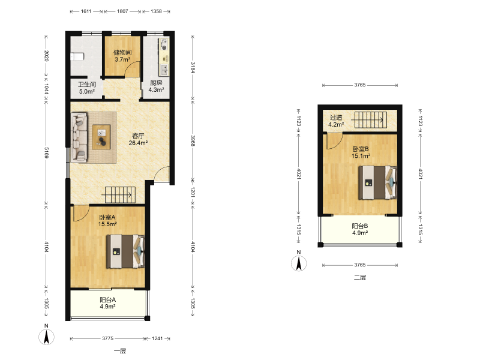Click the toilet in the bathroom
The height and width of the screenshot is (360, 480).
pos(77,57)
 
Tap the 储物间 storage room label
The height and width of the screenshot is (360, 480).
pos(122,52)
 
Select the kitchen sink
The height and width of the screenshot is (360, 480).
pos(164,70)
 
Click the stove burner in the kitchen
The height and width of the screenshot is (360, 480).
pos(164,44)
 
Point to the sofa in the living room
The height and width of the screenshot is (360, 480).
pos(79,137)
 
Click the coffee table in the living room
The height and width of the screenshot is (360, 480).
pos(101,137)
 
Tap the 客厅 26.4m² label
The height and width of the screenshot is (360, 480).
pos(138,139)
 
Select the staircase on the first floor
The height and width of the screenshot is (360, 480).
pos(121,194)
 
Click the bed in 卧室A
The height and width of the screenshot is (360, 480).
pos(125,251)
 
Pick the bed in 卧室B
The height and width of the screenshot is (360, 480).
pos(378,182)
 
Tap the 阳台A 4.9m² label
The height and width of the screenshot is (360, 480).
pos(107,303)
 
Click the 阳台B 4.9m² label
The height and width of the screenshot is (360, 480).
pos(359,229)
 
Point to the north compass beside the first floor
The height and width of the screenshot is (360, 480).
pos(47,337)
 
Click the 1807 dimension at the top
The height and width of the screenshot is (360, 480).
pos(122,11)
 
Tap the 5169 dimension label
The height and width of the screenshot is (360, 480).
pos(47,152)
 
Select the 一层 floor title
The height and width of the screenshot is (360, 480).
pos(120,351)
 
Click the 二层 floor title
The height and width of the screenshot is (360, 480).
pos(360,277)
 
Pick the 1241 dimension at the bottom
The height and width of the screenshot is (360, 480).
pos(157,338)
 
